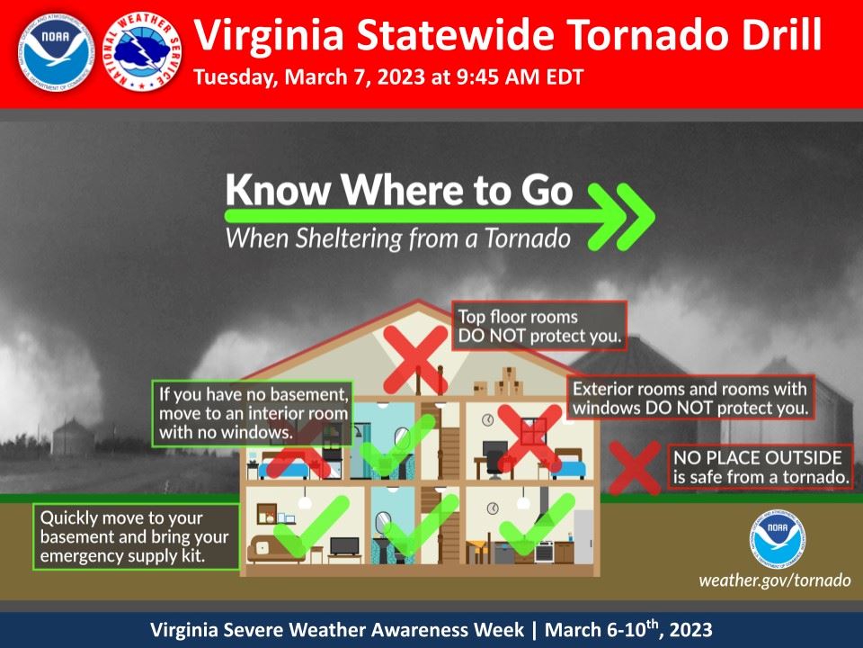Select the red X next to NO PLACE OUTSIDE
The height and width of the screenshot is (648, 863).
pyautogui.click(x=636, y=467)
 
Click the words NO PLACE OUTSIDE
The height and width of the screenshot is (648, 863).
pyautogui.click(x=759, y=456)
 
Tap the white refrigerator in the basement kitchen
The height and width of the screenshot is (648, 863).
pyautogui.click(x=583, y=535)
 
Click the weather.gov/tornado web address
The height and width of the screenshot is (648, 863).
pyautogui.click(x=774, y=580)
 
